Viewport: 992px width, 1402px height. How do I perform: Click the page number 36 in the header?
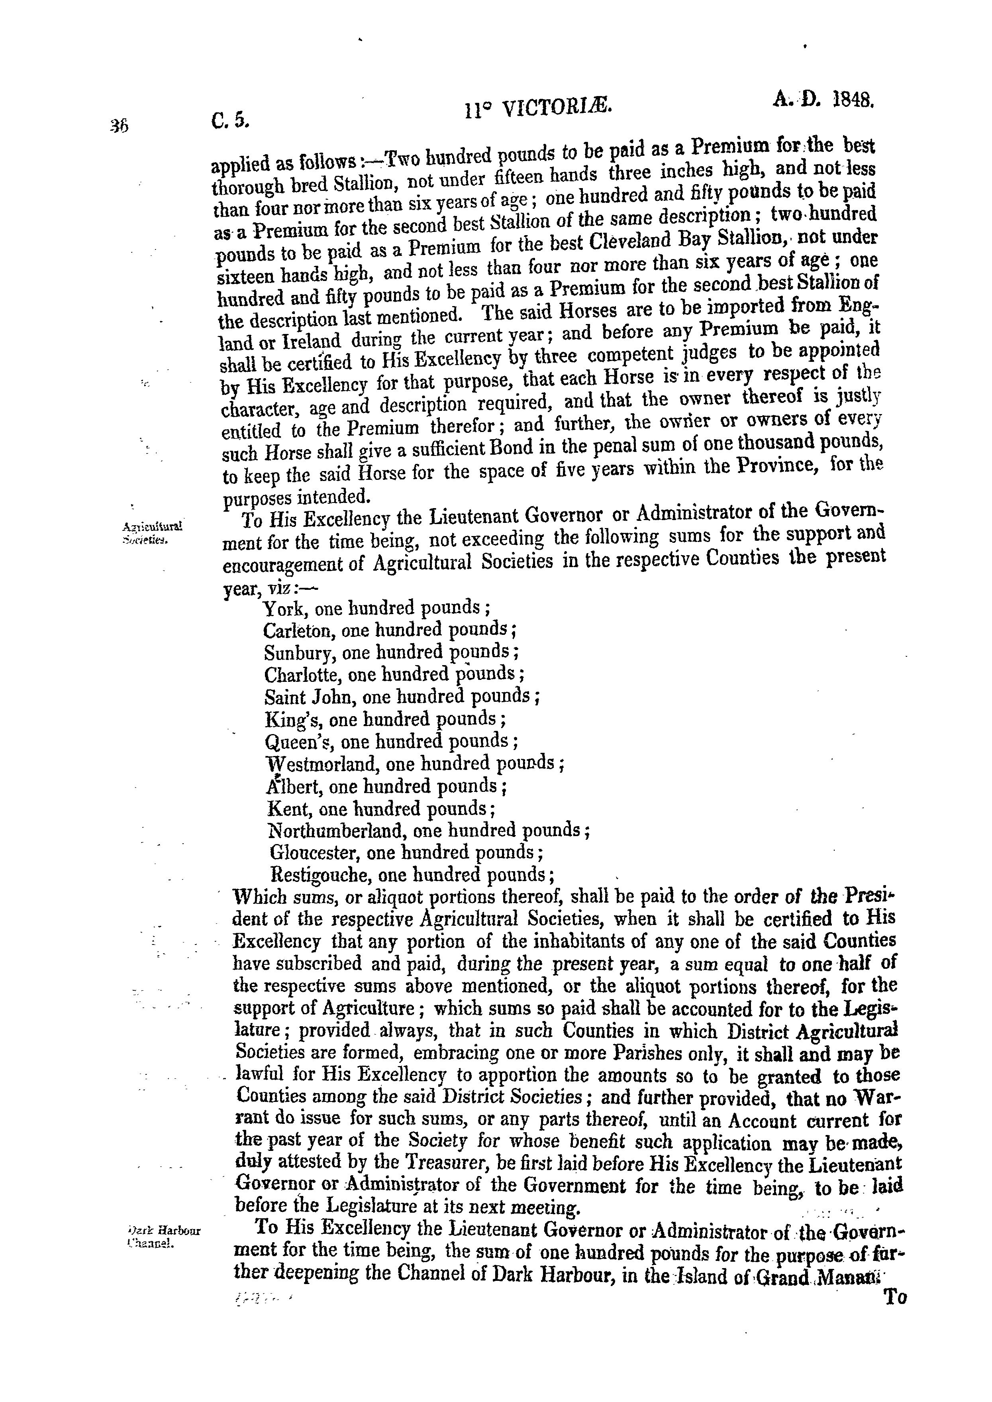[118, 125]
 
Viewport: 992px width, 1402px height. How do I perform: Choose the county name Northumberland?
[337, 831]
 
